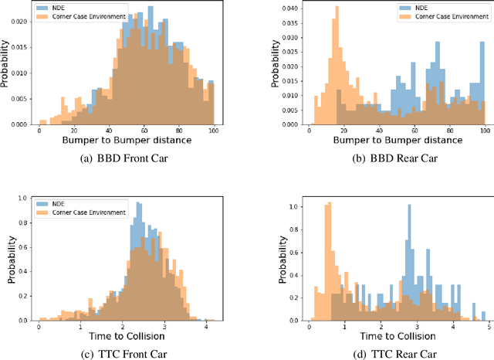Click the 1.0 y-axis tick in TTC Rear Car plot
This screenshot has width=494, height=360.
(x=294, y=207)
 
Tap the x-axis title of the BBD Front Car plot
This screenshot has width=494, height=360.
(x=127, y=141)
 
